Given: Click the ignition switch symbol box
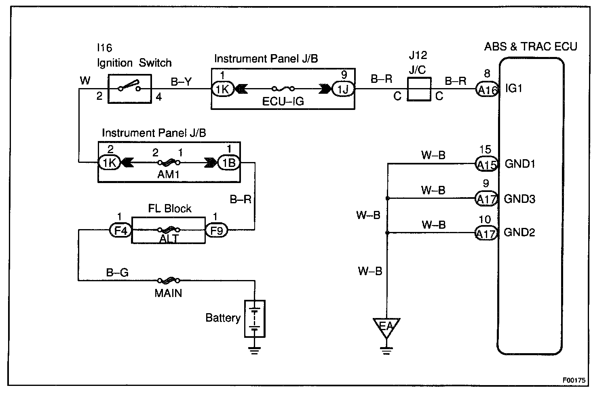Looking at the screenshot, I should coord(129,88).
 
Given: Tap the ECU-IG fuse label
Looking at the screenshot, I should coord(283,101).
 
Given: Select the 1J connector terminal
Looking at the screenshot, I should coord(343,89).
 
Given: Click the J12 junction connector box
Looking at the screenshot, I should coord(418,89).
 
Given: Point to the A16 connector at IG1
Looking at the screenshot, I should coord(486,89).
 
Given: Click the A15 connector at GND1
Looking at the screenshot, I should coord(486,164).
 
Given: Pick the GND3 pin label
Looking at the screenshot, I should coord(519,199).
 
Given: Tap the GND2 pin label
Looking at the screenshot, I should coord(519,233).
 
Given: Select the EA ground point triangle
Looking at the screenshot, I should coord(386,325).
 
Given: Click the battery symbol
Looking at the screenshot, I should coord(255,318).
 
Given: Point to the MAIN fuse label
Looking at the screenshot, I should coord(168,293).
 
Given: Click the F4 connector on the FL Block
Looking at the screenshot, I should coord(121,231).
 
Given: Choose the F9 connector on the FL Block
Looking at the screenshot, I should coord(217,231).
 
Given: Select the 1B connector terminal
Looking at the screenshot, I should coord(229,163).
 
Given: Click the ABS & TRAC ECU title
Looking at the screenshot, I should coord(530,46).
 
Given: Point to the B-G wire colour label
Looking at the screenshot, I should coord(117,273).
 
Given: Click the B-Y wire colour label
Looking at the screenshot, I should coord(181,82).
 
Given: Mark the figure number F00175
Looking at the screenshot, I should coord(574,380).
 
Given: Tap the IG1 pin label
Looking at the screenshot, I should coord(514,88).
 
